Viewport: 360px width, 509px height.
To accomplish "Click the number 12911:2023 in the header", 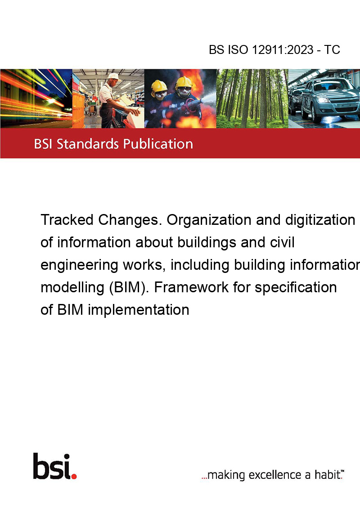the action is tap(283, 49).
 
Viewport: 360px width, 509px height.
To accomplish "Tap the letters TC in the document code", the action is tap(332, 49).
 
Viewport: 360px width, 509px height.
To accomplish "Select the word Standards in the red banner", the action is tap(88, 144).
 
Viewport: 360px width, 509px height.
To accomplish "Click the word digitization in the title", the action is tap(320, 220).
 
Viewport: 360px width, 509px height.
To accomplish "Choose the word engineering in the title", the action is tap(79, 265).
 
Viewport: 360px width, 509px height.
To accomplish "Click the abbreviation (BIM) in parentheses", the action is tap(127, 288).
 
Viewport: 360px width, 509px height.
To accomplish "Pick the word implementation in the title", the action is tap(139, 310).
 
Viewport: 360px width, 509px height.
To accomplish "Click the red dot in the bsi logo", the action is tap(74, 476).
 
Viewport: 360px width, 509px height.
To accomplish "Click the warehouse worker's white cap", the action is tap(114, 76).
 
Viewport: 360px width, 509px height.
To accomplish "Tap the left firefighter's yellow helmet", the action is tap(159, 86).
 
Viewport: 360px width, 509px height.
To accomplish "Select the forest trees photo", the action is tap(252, 98).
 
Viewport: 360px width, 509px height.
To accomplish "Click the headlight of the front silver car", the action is tap(323, 100).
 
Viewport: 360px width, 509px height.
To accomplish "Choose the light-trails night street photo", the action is tap(36, 98).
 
